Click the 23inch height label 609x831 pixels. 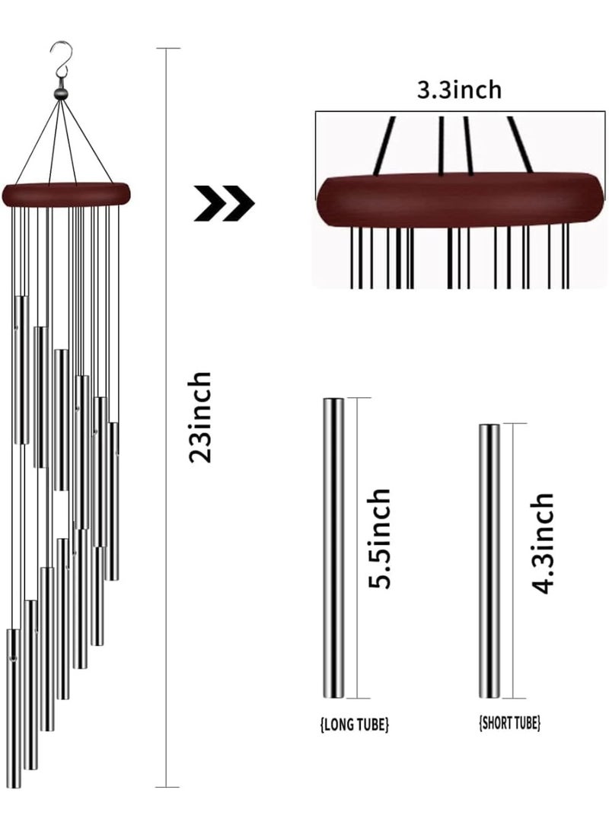[x=201, y=418]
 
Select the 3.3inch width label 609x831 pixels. [x=459, y=90]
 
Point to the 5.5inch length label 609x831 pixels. [x=380, y=538]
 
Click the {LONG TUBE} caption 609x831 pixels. [x=355, y=724]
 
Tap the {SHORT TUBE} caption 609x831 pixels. [x=509, y=722]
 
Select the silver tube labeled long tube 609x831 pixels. [x=333, y=548]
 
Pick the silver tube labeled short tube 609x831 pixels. [x=489, y=562]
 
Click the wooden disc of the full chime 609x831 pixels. [x=67, y=193]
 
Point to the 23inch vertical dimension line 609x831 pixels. [x=167, y=418]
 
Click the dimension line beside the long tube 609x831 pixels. [x=356, y=548]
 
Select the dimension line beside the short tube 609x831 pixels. [x=513, y=562]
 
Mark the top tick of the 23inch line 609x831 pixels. [x=168, y=48]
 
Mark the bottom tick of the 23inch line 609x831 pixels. [x=168, y=787]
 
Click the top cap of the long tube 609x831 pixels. [x=333, y=399]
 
